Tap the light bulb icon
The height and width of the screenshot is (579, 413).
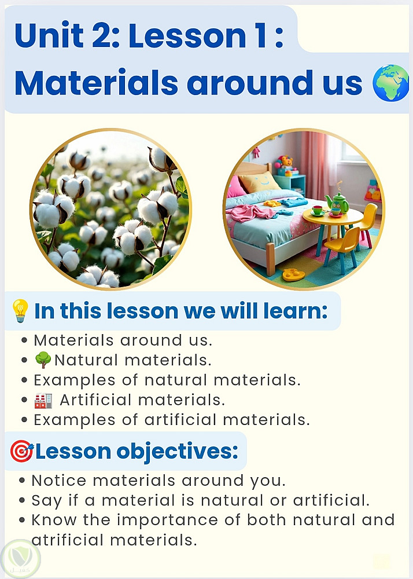pos(20,310)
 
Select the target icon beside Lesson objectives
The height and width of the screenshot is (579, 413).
pos(22,451)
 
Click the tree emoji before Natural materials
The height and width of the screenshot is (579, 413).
pos(43,360)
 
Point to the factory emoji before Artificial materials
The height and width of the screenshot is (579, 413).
pos(43,400)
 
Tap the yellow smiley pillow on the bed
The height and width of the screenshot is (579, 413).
pos(259,182)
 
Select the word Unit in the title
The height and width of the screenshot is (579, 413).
pos(49,35)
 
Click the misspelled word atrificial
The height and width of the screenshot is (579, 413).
pos(68,540)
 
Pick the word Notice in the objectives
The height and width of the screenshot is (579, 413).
pos(59,481)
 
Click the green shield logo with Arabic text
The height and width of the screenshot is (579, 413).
pos(20,559)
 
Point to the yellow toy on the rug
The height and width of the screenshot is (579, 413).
pos(293,274)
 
